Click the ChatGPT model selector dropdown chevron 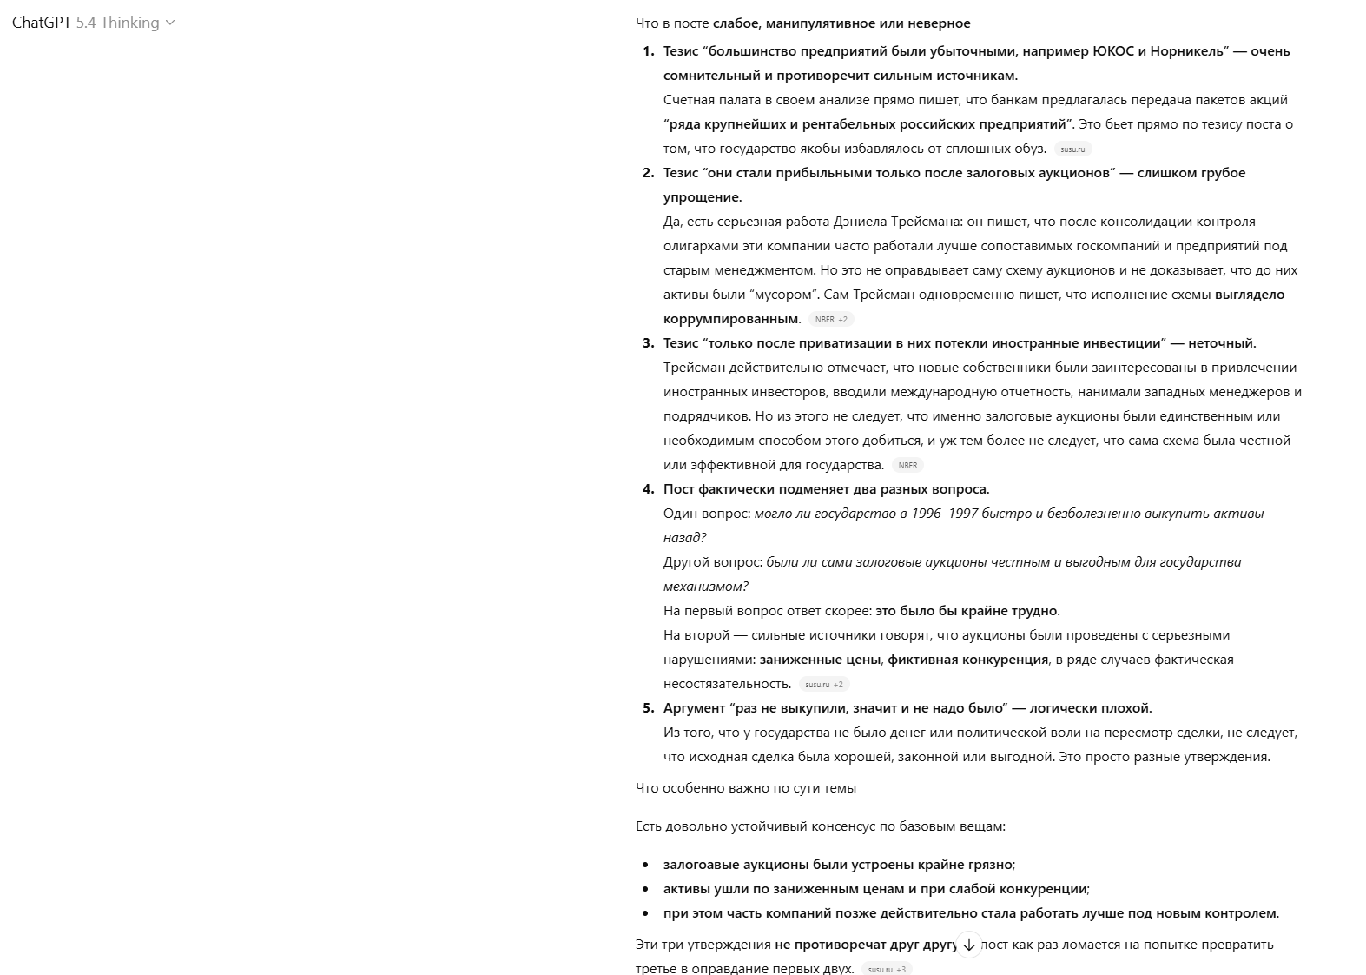pos(170,23)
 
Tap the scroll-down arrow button pos(969,945)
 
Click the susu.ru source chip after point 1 pos(1072,149)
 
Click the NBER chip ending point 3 pos(907,466)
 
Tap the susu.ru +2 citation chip pos(823,685)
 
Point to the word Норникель pos(1189,51)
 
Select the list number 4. pos(648,489)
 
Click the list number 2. pos(648,173)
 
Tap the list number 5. pos(648,708)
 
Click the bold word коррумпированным pos(731,319)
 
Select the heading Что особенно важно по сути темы pos(746,788)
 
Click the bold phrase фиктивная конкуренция pos(967,660)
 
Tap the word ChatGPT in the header pos(42,23)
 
